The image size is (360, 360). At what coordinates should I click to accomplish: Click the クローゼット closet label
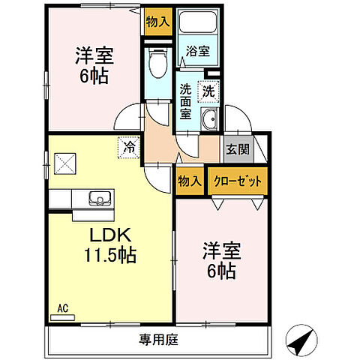pyautogui.click(x=238, y=181)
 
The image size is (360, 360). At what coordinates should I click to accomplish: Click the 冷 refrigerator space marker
pyautogui.click(x=129, y=147)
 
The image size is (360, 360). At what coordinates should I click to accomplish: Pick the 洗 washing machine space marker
pyautogui.click(x=208, y=90)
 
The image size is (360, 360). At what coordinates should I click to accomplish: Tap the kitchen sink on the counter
pyautogui.click(x=98, y=199)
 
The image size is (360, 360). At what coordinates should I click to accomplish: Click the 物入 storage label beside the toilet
pyautogui.click(x=157, y=21)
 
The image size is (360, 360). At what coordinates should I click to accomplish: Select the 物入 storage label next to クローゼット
pyautogui.click(x=190, y=181)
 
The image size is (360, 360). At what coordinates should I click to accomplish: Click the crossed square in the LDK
pyautogui.click(x=65, y=163)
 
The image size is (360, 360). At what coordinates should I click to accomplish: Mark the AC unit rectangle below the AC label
pyautogui.click(x=63, y=317)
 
